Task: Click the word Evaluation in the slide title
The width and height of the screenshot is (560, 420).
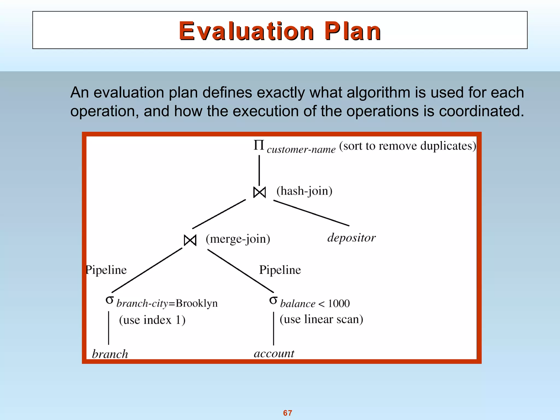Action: point(246,31)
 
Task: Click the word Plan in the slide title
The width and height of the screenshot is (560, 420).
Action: point(353,31)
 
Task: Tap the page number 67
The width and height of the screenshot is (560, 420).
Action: point(287,413)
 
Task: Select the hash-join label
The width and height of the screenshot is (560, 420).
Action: point(304,191)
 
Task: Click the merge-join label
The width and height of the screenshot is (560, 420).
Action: point(238,239)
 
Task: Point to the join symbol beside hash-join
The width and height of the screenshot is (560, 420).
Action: point(259,192)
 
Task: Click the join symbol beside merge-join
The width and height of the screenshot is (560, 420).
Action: point(190,240)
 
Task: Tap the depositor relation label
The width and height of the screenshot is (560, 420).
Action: point(351,238)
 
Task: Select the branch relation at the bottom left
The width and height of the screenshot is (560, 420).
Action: point(110,354)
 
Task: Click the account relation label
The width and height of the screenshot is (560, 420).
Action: point(274,354)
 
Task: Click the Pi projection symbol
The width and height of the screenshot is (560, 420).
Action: point(259,145)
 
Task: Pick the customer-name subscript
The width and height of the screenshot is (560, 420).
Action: point(301,150)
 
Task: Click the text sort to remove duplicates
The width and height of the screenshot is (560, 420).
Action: point(407,146)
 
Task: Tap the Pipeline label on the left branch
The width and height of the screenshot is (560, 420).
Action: point(106,270)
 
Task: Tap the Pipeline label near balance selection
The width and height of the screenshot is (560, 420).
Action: point(280,270)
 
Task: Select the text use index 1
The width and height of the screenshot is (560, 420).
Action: point(152,320)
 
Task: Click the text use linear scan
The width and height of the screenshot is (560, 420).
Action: point(321,319)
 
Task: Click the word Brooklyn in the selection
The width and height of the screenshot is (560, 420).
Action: point(196,304)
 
